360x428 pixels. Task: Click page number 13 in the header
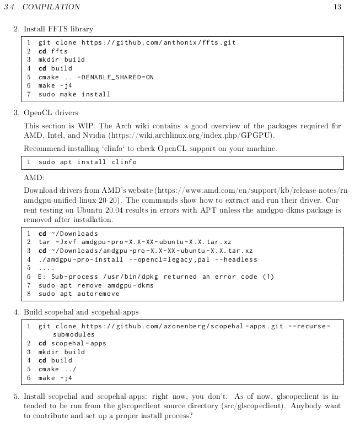pyautogui.click(x=337, y=7)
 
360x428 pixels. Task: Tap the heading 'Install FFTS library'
pyautogui.click(x=58, y=29)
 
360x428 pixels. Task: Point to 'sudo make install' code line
pyautogui.click(x=74, y=94)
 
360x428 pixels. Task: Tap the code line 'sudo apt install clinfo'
pyautogui.click(x=87, y=162)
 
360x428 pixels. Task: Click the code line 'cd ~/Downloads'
pyautogui.click(x=68, y=234)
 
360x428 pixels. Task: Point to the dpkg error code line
pyautogui.click(x=156, y=277)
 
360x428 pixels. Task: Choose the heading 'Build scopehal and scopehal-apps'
pyautogui.click(x=81, y=312)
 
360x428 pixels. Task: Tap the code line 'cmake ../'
pyautogui.click(x=57, y=369)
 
